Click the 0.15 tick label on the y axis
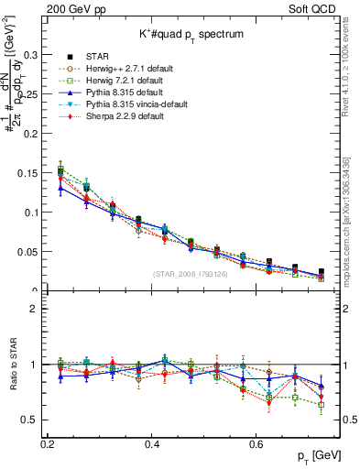click(x=28, y=173)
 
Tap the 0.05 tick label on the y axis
click(x=28, y=252)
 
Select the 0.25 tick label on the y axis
click(x=28, y=93)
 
